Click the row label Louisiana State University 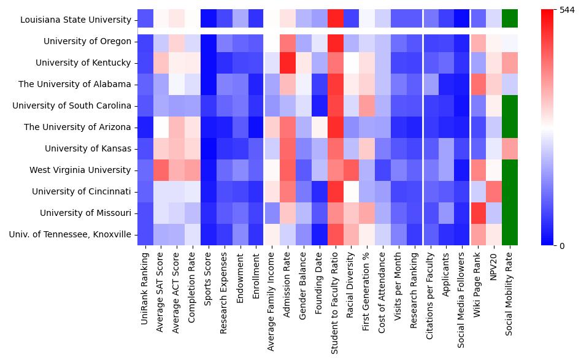tap(75, 20)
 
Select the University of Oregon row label tap(87, 41)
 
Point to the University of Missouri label tap(85, 213)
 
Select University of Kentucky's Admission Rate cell tap(288, 63)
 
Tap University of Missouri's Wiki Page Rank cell tap(478, 213)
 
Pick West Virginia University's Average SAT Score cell tap(161, 170)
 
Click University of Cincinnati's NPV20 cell tap(494, 191)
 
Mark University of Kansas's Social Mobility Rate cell tap(510, 148)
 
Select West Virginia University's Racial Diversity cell tap(351, 170)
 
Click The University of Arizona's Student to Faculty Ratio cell tap(335, 127)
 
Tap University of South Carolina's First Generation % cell tap(367, 105)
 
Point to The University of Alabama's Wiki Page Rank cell tap(478, 84)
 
